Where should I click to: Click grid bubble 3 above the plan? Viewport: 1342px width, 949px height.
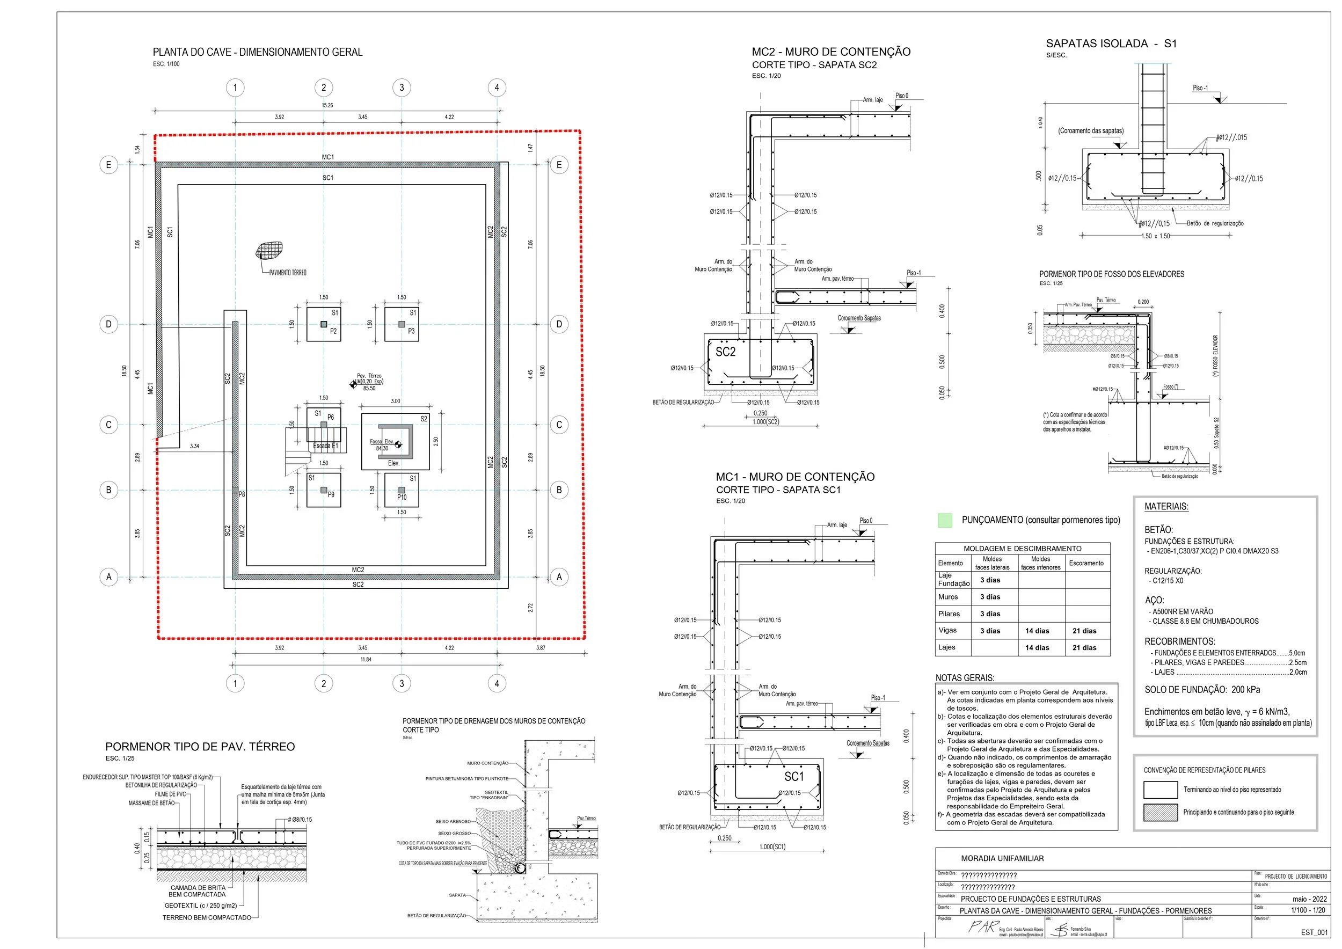402,87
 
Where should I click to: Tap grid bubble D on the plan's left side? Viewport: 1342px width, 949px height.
109,324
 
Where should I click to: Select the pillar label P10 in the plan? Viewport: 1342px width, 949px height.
402,497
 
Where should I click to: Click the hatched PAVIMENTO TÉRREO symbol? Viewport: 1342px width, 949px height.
269,251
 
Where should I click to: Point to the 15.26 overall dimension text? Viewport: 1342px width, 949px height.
327,105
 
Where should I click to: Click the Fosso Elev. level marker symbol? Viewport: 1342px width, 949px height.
399,444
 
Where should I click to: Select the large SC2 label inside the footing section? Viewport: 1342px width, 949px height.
725,352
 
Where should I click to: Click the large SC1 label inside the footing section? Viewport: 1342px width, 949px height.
794,776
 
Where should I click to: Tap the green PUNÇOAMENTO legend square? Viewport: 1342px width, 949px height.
945,520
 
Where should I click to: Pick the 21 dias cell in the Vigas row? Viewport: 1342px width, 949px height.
1084,631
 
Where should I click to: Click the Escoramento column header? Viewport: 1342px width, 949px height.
1086,563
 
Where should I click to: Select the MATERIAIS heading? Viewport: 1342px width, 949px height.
1166,507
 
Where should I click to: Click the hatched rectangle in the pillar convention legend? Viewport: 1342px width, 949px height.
1160,813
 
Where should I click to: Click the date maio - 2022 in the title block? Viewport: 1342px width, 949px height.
1309,899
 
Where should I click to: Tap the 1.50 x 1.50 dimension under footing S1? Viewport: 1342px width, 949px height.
1156,236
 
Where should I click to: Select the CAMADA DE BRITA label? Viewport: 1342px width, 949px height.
198,888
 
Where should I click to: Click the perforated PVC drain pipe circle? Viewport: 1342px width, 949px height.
520,868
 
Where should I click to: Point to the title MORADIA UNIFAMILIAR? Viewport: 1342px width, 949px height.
1002,858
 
